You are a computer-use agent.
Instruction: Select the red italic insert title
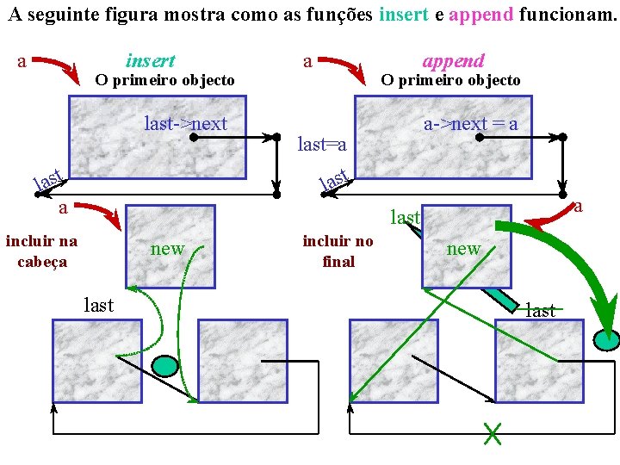pos(151,60)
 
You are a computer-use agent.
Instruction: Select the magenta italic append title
pos(453,60)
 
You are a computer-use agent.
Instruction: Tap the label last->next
pos(186,123)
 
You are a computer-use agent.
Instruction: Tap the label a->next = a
pos(471,123)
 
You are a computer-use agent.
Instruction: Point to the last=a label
pos(322,145)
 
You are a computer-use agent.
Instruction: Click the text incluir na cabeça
pos(41,251)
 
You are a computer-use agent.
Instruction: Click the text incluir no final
pos(338,251)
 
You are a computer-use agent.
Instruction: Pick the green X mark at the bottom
pos(493,434)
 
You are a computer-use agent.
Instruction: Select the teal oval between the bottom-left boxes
pos(164,366)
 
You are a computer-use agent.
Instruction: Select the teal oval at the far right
pos(606,340)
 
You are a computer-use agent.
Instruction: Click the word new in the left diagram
pos(167,249)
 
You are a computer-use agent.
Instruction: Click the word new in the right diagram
pos(463,249)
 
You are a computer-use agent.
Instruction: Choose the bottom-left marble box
pos(97,363)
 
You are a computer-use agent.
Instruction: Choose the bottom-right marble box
pos(539,363)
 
